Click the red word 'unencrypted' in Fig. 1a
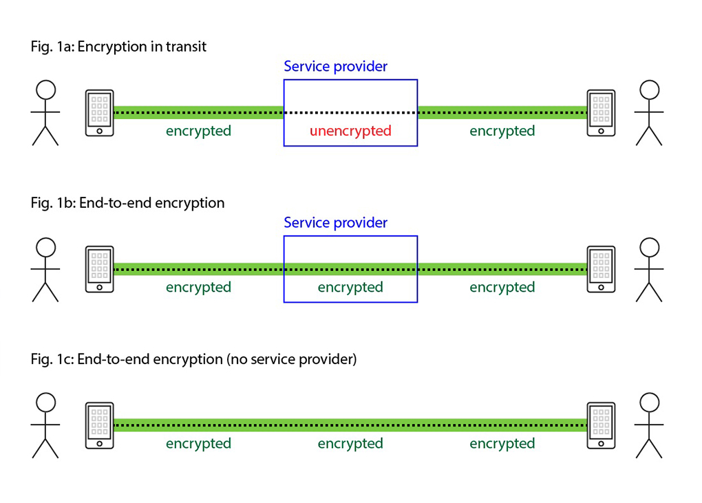tap(350, 131)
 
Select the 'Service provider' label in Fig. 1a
tap(335, 67)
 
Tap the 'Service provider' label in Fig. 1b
tap(335, 223)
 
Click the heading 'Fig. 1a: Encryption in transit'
tap(118, 47)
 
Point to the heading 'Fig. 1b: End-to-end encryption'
tap(127, 203)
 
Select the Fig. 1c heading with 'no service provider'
tap(193, 359)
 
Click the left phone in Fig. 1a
tap(100, 113)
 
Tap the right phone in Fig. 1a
tap(601, 113)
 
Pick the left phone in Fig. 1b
tap(100, 269)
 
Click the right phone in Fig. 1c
tap(601, 425)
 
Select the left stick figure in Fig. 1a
tap(45, 113)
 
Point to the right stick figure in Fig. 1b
tap(649, 269)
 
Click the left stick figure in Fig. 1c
tap(45, 425)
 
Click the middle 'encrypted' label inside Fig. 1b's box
tap(350, 287)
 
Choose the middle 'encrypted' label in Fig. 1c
tap(350, 443)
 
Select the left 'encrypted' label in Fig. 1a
tap(198, 131)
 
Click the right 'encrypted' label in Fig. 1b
tap(502, 287)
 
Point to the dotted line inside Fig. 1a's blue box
tap(350, 112)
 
